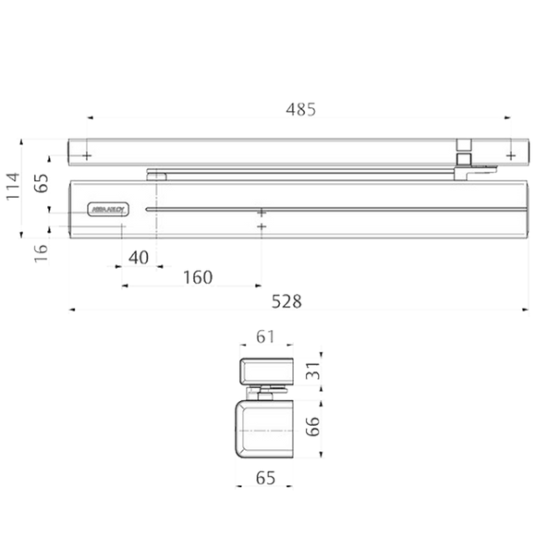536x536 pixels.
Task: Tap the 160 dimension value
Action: coord(198,276)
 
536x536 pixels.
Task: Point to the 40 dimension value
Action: coord(140,258)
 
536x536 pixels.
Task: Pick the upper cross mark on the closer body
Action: coord(262,210)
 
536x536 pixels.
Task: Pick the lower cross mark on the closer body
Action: coord(262,226)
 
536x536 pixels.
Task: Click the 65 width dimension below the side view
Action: coord(266,477)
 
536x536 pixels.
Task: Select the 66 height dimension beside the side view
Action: coord(313,427)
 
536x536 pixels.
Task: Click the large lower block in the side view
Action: coord(264,428)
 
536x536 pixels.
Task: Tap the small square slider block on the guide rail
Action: coord(464,145)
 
